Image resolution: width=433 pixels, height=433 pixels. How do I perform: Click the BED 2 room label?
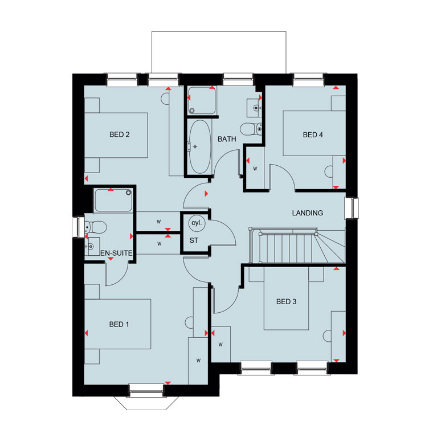click(x=119, y=134)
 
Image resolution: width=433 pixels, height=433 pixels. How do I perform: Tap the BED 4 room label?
click(x=313, y=135)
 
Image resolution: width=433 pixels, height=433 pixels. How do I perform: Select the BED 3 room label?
click(x=286, y=301)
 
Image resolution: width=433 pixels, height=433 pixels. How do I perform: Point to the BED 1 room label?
click(x=119, y=324)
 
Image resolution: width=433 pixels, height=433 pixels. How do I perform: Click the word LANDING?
click(x=307, y=213)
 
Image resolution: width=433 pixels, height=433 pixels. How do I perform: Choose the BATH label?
click(x=227, y=139)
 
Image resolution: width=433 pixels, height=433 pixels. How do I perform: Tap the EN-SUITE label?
click(x=116, y=253)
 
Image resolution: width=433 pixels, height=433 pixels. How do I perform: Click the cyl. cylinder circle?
click(x=197, y=223)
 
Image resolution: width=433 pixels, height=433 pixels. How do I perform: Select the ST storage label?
click(x=194, y=240)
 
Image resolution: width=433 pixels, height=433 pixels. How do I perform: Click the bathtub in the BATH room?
click(x=200, y=146)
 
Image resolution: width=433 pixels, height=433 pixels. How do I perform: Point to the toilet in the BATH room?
click(x=251, y=129)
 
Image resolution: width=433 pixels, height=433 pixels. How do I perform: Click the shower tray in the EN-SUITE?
click(x=113, y=200)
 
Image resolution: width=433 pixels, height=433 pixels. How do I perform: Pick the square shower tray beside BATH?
click(x=202, y=100)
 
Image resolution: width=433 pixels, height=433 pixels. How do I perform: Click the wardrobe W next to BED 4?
click(x=255, y=168)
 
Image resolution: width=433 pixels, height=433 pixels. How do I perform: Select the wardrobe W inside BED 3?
click(x=220, y=344)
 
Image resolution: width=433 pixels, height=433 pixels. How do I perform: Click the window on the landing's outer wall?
click(x=352, y=208)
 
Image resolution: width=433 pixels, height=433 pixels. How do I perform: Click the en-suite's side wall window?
click(x=78, y=227)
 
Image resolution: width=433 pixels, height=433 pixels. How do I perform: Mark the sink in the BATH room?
click(x=254, y=108)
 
